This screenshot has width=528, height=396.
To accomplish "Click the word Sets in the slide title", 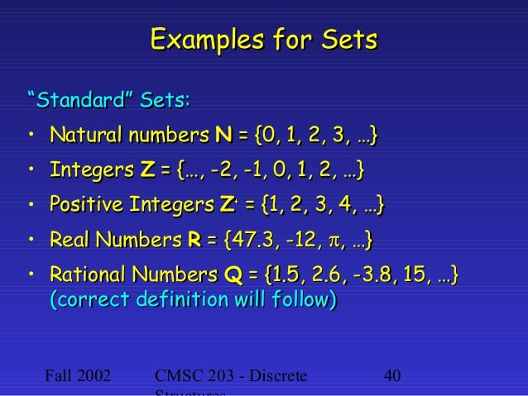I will pyautogui.click(x=348, y=41).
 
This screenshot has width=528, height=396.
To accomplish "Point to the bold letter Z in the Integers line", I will pyautogui.click(x=148, y=170).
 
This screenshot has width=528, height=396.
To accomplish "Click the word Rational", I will pyautogui.click(x=86, y=274).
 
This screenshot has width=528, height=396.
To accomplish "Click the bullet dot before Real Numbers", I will pyautogui.click(x=30, y=241).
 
